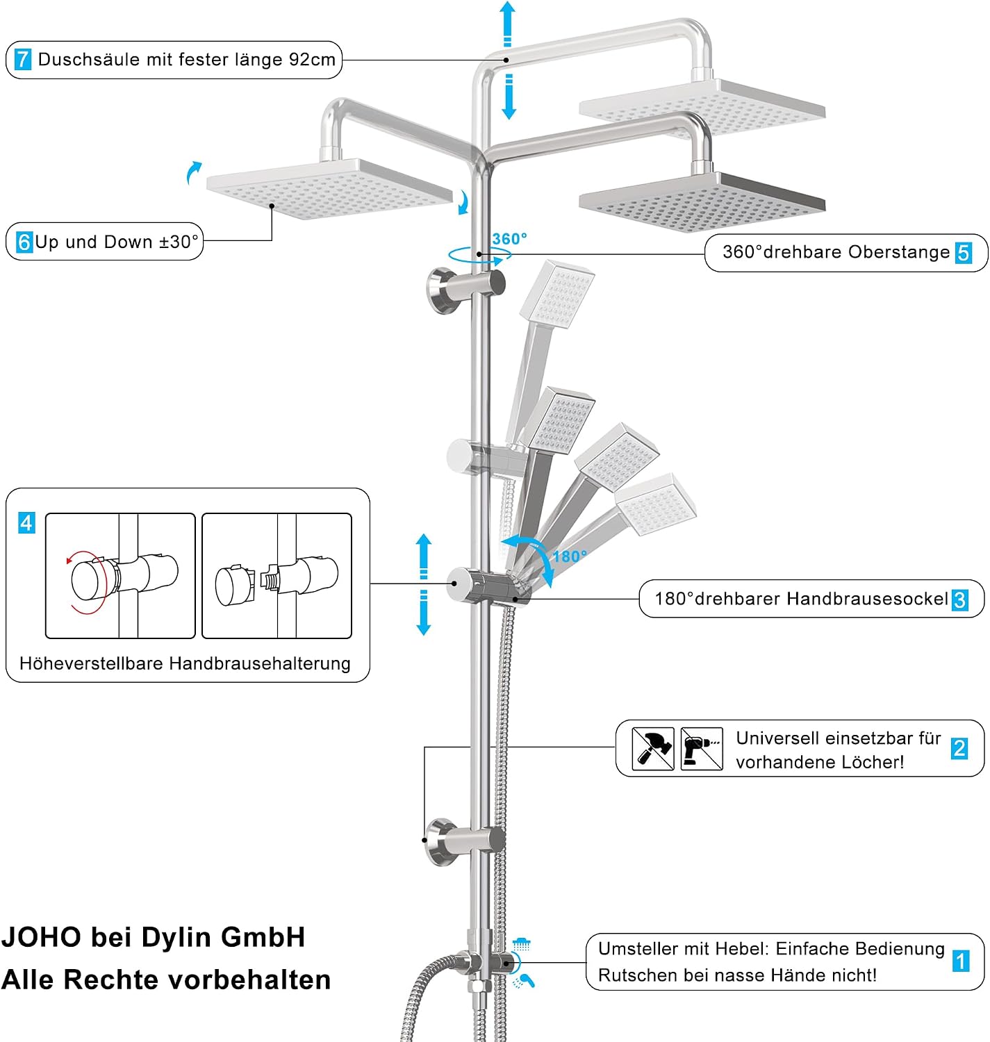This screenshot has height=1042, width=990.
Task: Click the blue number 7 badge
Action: (23, 59)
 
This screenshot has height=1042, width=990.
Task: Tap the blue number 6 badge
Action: (24, 242)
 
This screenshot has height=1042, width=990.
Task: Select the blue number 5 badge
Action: (964, 253)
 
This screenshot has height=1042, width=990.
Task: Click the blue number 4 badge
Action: (26, 523)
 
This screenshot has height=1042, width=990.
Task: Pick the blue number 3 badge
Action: (959, 600)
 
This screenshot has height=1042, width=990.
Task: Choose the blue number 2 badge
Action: (959, 749)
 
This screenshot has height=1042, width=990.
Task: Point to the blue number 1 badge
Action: (961, 961)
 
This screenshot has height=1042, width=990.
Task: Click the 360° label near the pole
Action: (509, 239)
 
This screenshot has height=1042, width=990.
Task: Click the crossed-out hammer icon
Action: (653, 749)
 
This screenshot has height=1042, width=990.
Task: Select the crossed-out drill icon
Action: (702, 749)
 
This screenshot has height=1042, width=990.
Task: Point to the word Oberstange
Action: (899, 252)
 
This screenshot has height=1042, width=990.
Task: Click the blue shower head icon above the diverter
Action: (521, 944)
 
